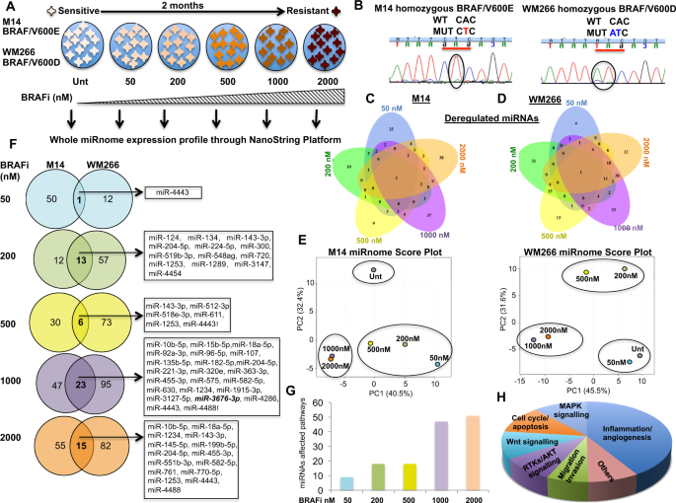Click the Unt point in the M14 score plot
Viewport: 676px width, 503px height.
[374, 268]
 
